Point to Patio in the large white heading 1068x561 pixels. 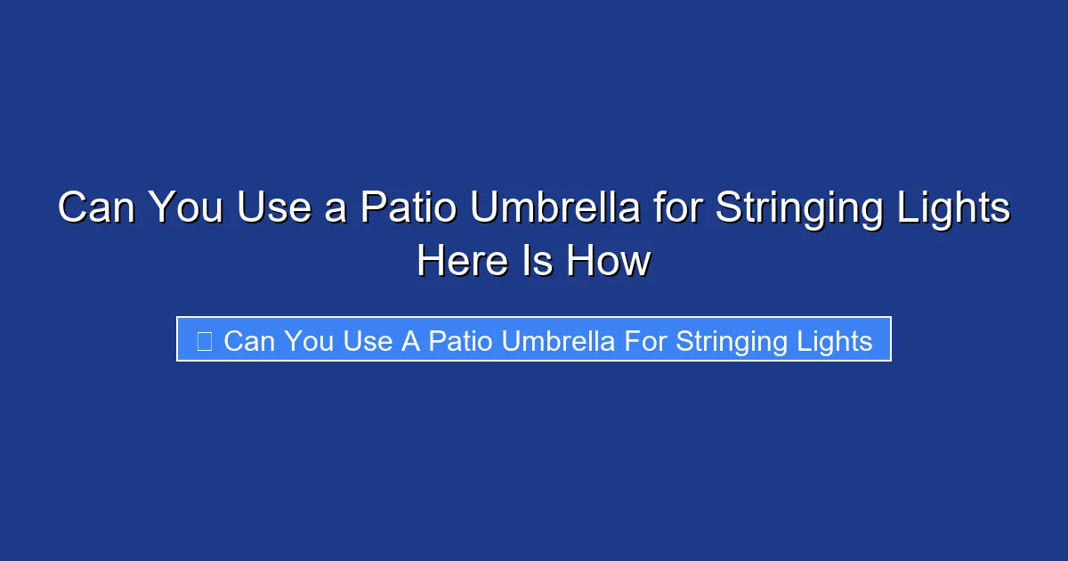408,208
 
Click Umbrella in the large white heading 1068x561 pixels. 554,208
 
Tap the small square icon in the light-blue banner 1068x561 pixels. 204,340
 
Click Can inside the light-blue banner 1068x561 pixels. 249,340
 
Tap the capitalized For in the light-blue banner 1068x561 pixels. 646,340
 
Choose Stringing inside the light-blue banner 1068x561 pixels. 733,341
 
